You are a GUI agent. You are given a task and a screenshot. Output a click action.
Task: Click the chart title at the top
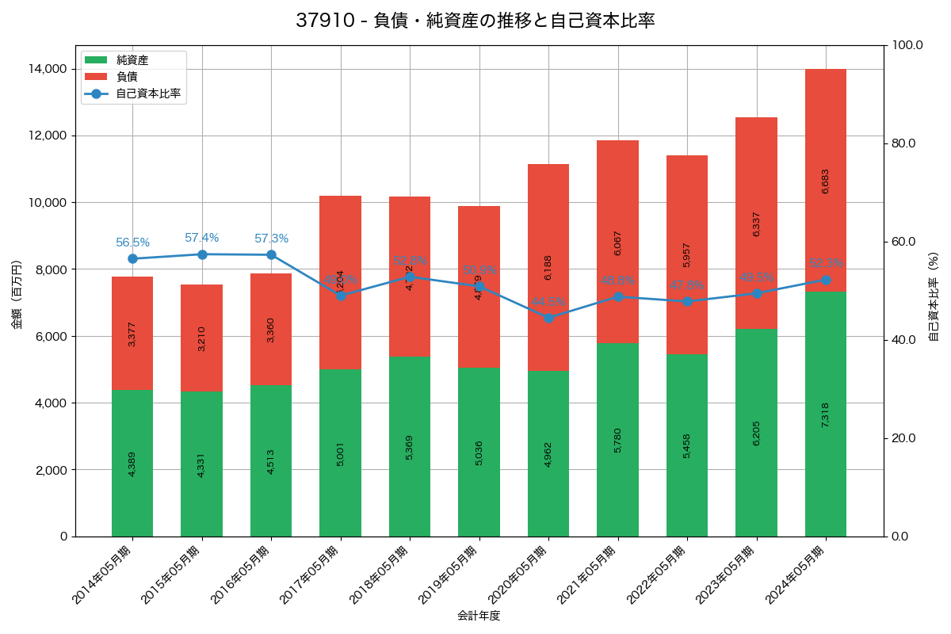tap(475, 21)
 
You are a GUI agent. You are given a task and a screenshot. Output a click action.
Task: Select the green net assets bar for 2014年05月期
tap(132, 463)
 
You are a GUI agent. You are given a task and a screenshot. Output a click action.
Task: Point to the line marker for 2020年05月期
tap(548, 318)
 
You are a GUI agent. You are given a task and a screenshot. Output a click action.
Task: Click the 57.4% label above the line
tap(202, 238)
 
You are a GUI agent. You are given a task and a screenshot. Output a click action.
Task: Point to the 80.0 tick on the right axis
tap(903, 143)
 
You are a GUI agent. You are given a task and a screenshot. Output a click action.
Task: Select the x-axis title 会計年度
tap(479, 615)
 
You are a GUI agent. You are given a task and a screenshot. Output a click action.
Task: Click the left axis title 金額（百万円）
tap(17, 295)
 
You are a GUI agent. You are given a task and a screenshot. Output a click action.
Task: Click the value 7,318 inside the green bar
tap(826, 415)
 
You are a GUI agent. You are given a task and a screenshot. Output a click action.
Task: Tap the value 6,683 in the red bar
tap(826, 181)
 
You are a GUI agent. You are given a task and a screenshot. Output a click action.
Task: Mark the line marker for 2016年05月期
tap(271, 255)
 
